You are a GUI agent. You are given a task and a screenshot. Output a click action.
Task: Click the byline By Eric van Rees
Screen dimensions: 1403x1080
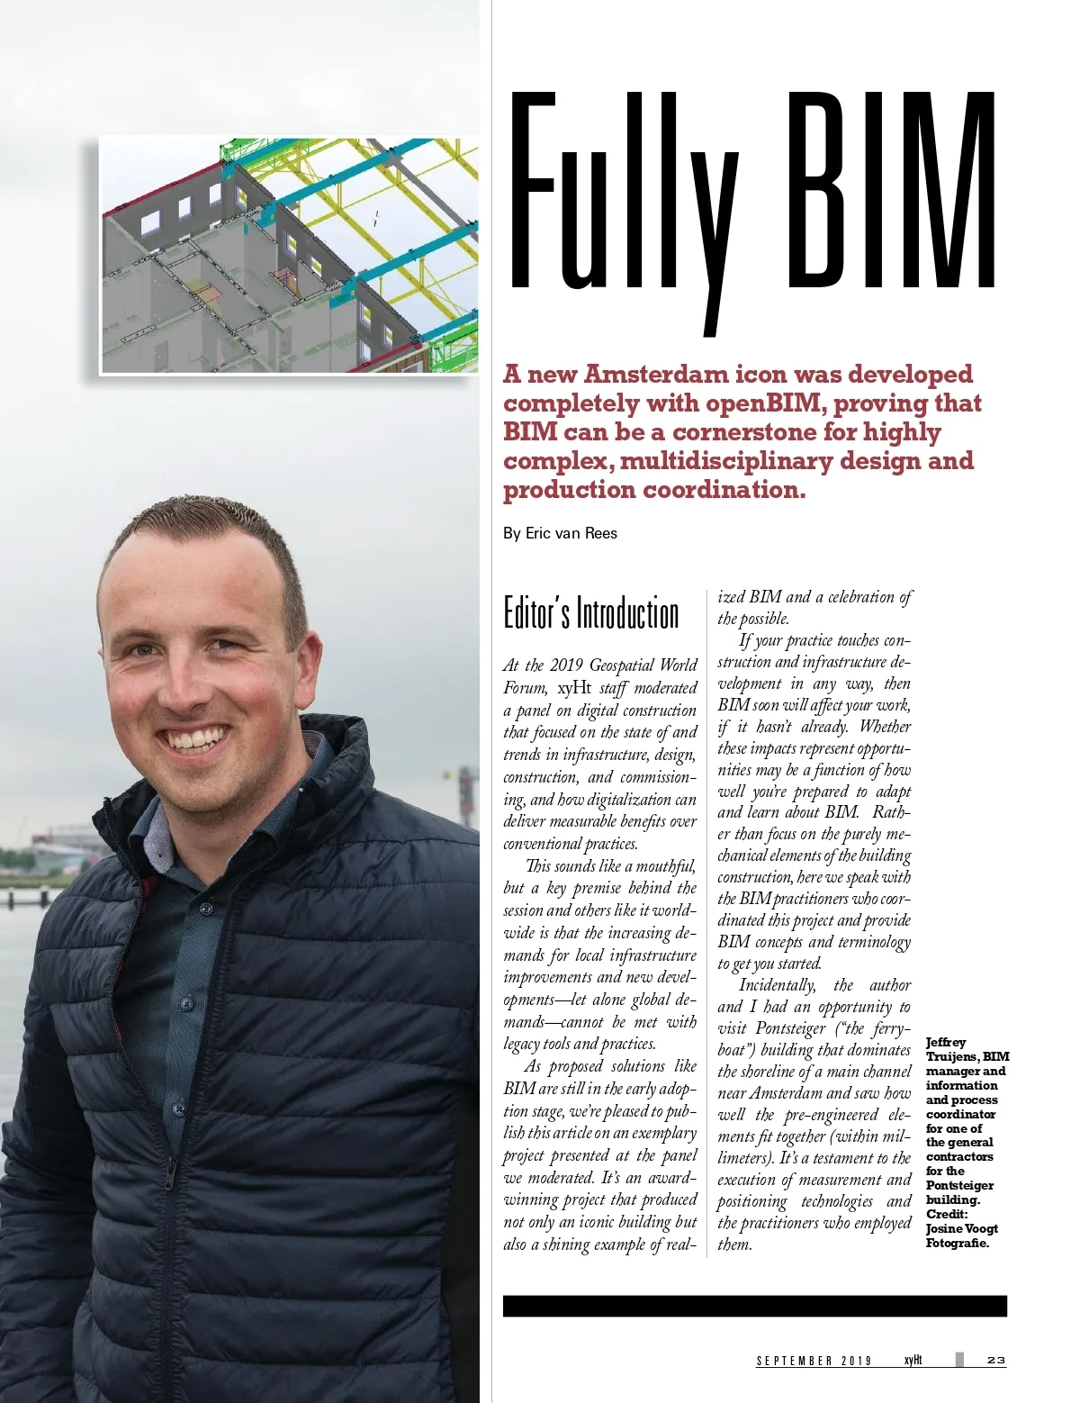tap(560, 533)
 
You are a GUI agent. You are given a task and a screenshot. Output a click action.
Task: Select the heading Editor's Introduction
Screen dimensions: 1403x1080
tap(590, 613)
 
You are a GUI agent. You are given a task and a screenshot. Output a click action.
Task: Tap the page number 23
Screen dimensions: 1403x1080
tap(995, 1360)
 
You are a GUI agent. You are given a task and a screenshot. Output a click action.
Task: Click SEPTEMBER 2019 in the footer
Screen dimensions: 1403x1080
tap(814, 1361)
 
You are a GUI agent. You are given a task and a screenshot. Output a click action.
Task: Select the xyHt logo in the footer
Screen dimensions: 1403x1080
tap(913, 1360)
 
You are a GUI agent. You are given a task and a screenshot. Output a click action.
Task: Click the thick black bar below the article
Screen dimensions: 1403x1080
tap(754, 1306)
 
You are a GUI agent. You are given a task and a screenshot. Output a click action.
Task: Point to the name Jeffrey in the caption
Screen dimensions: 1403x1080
tap(946, 1042)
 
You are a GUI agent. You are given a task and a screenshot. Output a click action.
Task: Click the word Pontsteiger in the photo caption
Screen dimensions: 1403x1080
tap(959, 1185)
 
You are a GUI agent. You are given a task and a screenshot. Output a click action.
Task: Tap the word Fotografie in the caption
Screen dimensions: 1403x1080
tap(957, 1243)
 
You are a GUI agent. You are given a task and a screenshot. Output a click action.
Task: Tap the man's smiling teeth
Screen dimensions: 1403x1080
tap(195, 740)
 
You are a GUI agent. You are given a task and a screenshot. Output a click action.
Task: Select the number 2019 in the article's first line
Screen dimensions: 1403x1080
tap(567, 665)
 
